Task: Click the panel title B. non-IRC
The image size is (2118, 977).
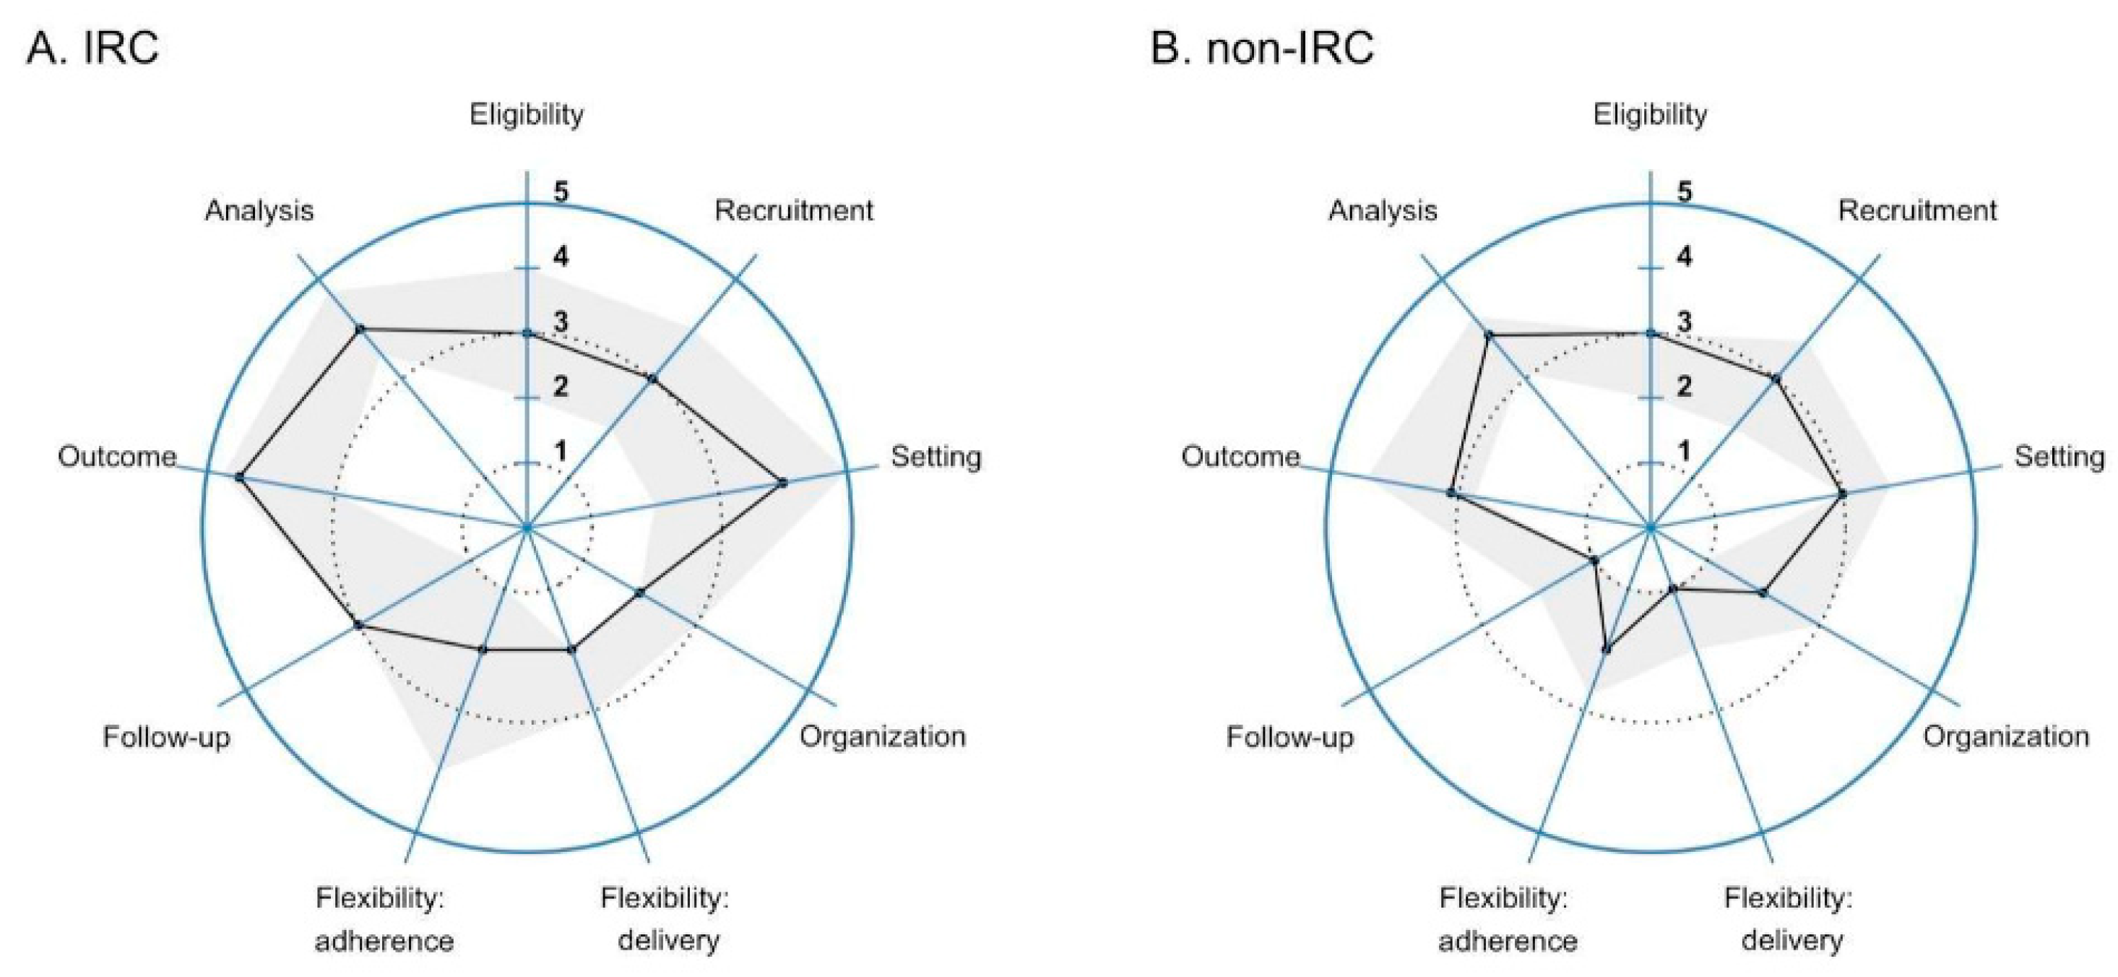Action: coord(1261,48)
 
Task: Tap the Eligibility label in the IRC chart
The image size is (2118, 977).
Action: coord(526,114)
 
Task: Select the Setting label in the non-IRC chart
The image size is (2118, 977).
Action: coord(2059,457)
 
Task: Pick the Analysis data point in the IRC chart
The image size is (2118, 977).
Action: coord(359,329)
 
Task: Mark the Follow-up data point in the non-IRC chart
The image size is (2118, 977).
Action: coord(1594,561)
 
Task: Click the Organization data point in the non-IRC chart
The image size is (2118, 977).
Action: coord(1762,592)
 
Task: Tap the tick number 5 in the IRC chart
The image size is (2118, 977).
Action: coord(561,192)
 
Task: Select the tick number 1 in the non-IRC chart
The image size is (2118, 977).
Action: coord(1685,452)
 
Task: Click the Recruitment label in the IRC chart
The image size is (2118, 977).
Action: coord(792,210)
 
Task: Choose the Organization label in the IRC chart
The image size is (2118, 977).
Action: coord(882,736)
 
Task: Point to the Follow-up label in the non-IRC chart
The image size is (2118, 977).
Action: coord(1289,737)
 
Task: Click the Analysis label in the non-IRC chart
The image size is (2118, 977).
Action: coord(1382,210)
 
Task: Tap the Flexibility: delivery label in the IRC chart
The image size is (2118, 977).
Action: coord(665,918)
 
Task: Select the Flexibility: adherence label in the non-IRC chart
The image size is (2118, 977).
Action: coord(1506,918)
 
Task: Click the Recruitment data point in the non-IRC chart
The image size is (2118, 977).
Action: coord(1775,379)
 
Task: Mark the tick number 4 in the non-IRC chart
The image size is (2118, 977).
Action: coord(1685,257)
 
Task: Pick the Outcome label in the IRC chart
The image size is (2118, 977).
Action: coord(117,457)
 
